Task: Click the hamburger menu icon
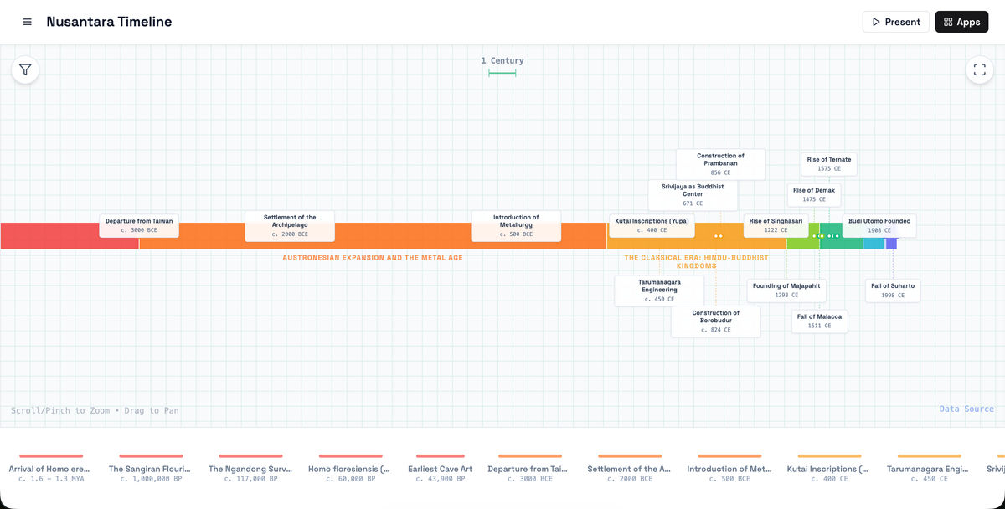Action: [28, 22]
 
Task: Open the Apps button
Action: [961, 22]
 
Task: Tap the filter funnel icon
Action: [25, 69]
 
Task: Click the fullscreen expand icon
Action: [979, 69]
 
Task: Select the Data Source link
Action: [966, 409]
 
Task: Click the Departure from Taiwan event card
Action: [139, 225]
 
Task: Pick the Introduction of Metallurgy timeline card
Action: [516, 225]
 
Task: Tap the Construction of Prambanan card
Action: [720, 164]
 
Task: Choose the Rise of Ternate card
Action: [828, 164]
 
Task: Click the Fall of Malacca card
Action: [819, 321]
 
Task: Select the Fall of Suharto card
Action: [893, 290]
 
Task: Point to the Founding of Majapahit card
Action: [786, 290]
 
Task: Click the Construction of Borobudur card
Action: [715, 321]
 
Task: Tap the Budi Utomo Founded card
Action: [879, 225]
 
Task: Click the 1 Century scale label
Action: [502, 60]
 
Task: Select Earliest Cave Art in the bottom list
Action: [441, 469]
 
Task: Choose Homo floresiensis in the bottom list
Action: [349, 469]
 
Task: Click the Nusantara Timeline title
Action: [109, 22]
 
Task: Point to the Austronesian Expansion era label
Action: [373, 257]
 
